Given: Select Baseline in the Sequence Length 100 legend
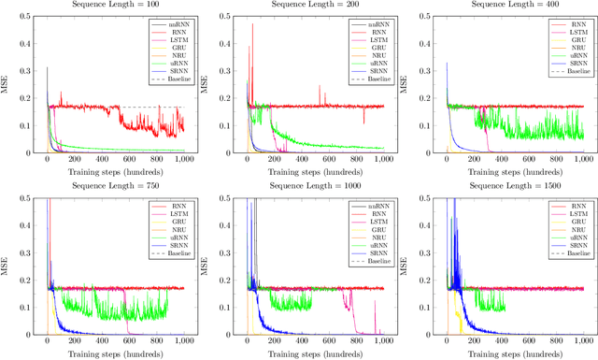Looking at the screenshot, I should (x=169, y=80).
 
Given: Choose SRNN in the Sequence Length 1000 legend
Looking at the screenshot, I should (x=369, y=252).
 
